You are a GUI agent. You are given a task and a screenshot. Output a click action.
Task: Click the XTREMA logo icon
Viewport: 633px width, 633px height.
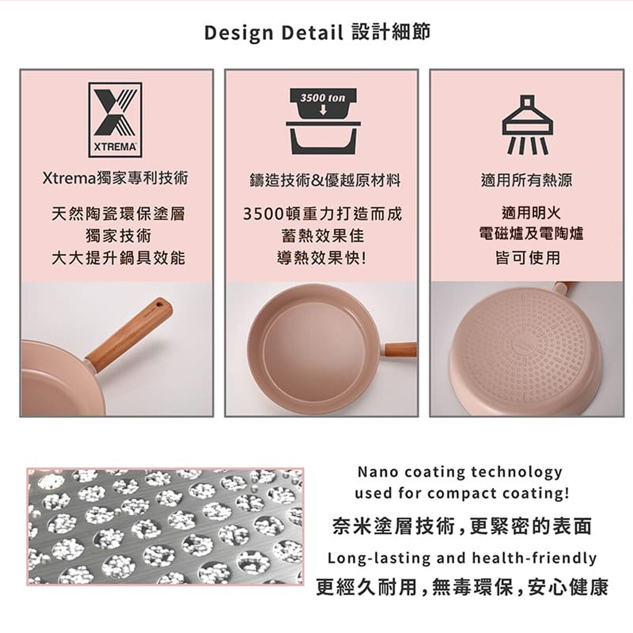[x=115, y=119]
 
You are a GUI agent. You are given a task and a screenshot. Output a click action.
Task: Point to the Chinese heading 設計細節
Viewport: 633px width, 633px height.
[x=391, y=32]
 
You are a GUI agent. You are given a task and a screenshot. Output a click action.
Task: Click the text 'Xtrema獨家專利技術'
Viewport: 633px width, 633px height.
[x=115, y=179]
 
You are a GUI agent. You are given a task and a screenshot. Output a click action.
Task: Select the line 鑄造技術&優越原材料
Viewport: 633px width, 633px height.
[x=325, y=181]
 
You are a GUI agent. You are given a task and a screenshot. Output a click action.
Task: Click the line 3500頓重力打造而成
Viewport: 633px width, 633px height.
[x=322, y=214]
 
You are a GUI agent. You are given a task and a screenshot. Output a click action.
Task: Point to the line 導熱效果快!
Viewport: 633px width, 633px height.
[x=322, y=258]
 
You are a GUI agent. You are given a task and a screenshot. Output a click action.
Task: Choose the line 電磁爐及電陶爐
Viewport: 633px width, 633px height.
[x=531, y=234]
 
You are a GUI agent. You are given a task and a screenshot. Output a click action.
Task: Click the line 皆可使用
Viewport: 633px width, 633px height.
[x=527, y=258]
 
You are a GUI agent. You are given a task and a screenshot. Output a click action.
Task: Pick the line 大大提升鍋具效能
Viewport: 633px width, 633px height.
[x=118, y=258]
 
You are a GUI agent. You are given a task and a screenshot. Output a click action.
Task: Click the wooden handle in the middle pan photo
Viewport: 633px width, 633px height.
[x=400, y=349]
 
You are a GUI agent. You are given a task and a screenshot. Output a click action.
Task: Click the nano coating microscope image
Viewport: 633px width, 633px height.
[x=165, y=525]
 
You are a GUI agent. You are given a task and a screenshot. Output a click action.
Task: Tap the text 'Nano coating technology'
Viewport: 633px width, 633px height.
[x=460, y=471]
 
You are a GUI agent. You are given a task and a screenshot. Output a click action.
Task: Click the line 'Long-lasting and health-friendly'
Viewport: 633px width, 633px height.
[x=462, y=558]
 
